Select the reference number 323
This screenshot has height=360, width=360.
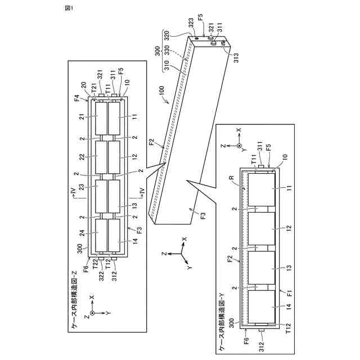coord(191,27)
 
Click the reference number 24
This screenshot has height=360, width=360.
coord(82,232)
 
